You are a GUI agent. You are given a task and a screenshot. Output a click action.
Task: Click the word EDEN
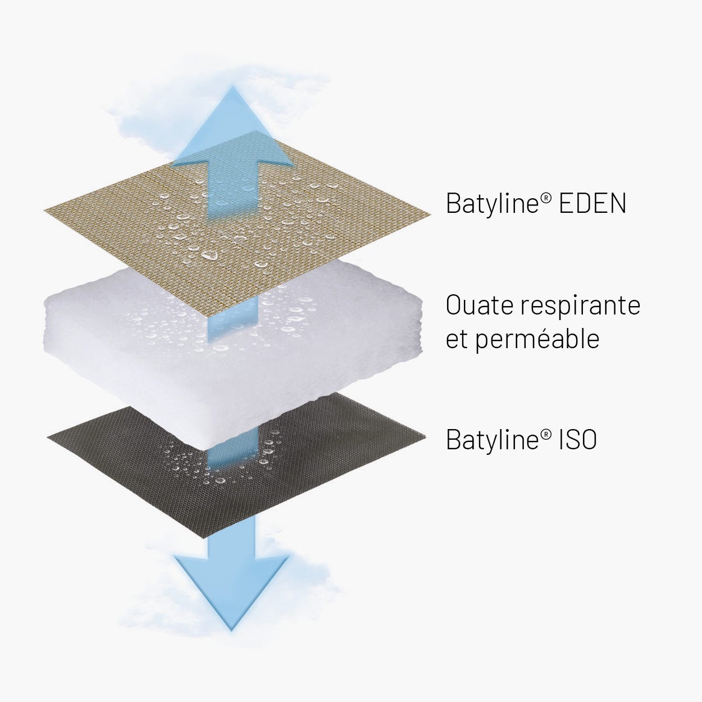(592, 203)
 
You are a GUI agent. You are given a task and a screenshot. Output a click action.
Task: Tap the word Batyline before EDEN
(492, 203)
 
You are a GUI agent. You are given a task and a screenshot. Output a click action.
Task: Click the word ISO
(577, 440)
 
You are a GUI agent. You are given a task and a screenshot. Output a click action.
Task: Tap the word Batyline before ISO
(492, 440)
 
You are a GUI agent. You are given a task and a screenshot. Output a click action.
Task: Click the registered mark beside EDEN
(547, 196)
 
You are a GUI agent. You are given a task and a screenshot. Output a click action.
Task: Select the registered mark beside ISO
(547, 432)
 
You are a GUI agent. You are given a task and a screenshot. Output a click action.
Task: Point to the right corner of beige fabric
(430, 214)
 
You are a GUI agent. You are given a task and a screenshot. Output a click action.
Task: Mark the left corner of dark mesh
(48, 435)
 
